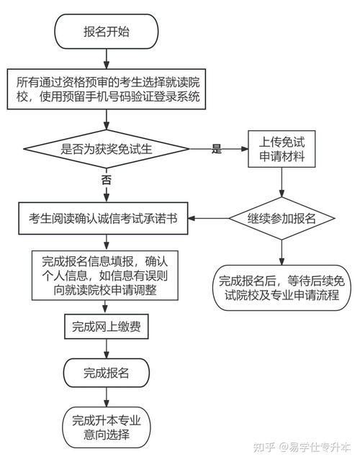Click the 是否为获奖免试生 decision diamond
click(x=107, y=149)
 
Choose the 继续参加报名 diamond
click(x=282, y=219)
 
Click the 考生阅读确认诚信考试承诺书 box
click(x=107, y=219)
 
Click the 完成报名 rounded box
click(x=107, y=373)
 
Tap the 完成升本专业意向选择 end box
click(x=107, y=427)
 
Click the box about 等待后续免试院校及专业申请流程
click(x=282, y=286)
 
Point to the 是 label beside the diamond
click(x=216, y=149)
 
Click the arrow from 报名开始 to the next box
click(x=107, y=58)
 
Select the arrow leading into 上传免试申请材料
click(x=220, y=149)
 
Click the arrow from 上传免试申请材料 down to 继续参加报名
click(x=282, y=183)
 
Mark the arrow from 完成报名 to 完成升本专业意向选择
click(x=107, y=398)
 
